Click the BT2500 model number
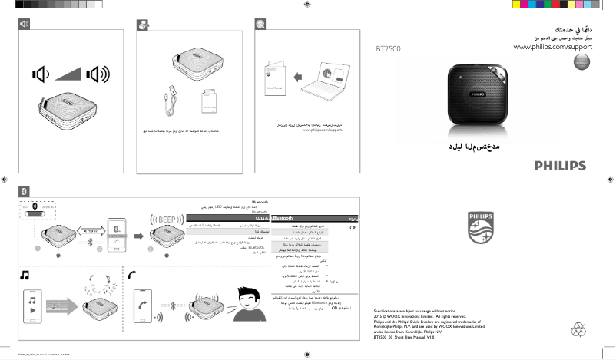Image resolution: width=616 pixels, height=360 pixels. (x=388, y=49)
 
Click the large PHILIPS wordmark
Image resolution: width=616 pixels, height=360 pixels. (x=560, y=165)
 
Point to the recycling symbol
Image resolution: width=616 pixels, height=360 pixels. (x=578, y=330)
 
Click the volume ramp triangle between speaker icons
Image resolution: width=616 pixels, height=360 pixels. (x=69, y=74)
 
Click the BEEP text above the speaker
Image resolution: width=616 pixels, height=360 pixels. (x=165, y=218)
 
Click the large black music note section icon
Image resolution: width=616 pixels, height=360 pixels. (x=25, y=274)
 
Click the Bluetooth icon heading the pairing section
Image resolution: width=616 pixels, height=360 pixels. (x=24, y=190)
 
